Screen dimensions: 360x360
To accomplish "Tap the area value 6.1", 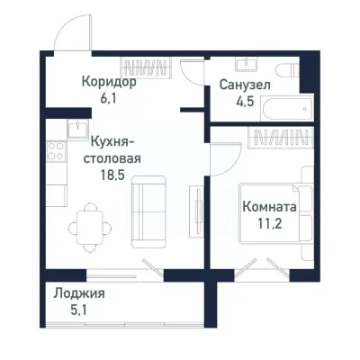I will pyautogui.click(x=108, y=98).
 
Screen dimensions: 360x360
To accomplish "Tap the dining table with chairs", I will pyautogui.click(x=88, y=220).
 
